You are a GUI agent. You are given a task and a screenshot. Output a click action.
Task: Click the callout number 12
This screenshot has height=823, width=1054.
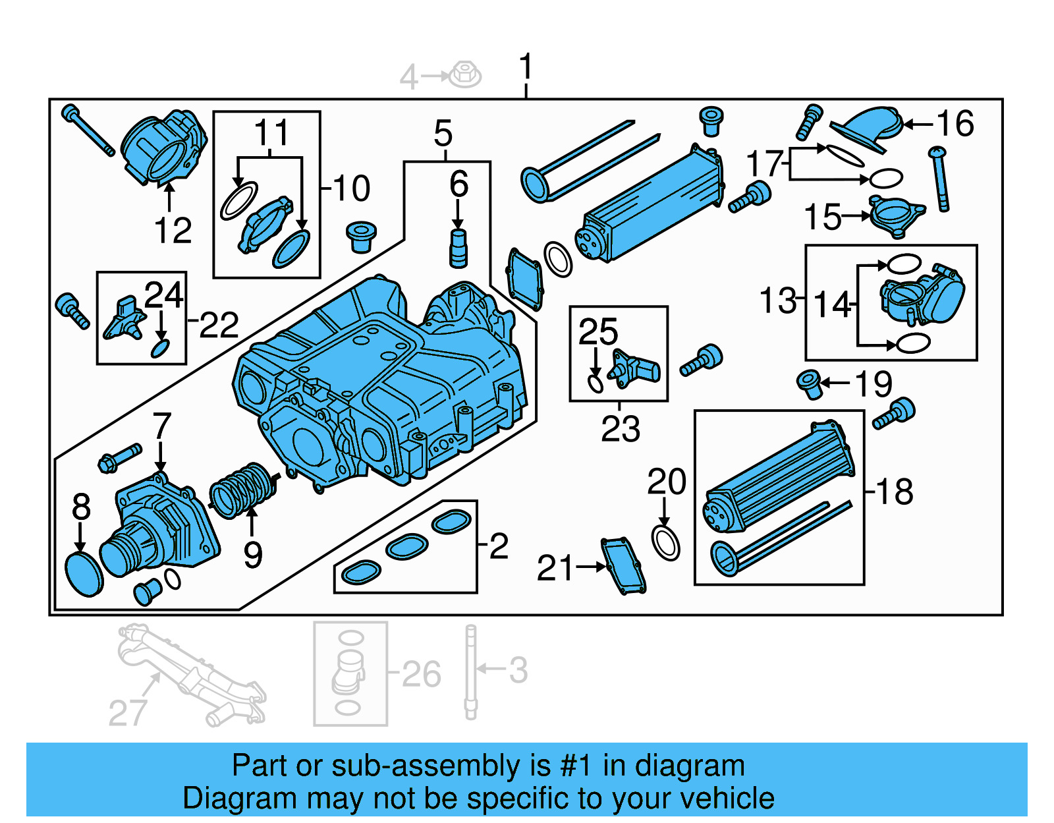coord(173,231)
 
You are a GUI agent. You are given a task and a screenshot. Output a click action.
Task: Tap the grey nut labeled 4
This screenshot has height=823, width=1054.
coord(466,74)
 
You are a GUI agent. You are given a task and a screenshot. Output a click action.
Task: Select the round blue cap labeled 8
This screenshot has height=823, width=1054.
coord(84,575)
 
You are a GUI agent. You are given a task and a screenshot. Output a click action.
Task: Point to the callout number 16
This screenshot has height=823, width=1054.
coord(955,123)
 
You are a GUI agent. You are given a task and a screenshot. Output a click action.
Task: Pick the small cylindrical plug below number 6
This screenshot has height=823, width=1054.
coord(458,248)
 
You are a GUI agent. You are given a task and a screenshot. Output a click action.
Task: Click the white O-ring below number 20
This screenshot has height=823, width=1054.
coord(665,542)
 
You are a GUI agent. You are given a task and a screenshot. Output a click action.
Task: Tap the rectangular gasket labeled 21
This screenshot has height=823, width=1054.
coord(623,565)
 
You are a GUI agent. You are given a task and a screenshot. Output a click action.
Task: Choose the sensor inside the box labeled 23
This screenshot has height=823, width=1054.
coord(634,369)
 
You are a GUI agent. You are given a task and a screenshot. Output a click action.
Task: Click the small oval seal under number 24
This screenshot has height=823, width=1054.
coord(160,348)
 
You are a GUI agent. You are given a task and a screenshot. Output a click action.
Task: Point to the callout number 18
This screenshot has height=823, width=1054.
coord(895,492)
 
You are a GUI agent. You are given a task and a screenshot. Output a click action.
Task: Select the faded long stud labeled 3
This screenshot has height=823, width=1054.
coord(470,672)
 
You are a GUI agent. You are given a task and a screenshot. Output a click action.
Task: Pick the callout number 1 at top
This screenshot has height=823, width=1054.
coord(525,68)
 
